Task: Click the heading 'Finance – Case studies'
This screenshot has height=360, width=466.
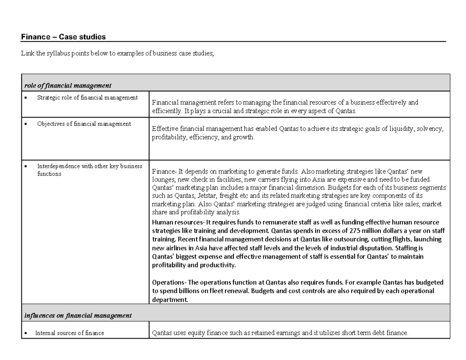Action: coord(63,37)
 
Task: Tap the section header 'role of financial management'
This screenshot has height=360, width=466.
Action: coord(68,85)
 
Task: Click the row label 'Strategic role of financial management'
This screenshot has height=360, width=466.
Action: coord(87,97)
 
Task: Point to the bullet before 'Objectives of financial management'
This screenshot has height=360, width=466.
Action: coord(26,124)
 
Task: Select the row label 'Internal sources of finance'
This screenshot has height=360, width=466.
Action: coord(70,333)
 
